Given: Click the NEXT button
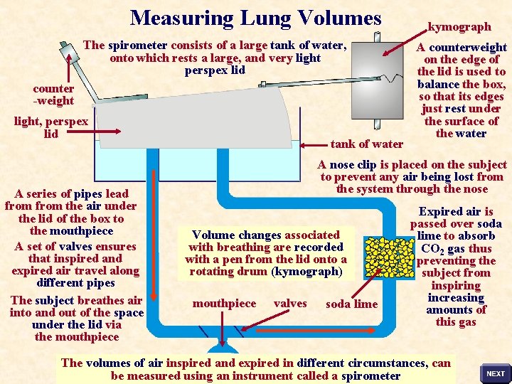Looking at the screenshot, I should (496, 373).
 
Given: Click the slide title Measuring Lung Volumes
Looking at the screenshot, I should (256, 18).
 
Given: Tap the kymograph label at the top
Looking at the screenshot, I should (459, 27).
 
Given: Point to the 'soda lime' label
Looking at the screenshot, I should (351, 304).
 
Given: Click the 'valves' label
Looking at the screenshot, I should (290, 304).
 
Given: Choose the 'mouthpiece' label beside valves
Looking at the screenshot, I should (224, 304).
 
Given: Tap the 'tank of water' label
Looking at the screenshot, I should (367, 144).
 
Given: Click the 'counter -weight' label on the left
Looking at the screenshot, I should (53, 95).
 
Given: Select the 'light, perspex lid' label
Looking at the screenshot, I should (51, 127).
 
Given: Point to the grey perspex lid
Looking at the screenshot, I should (213, 117).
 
